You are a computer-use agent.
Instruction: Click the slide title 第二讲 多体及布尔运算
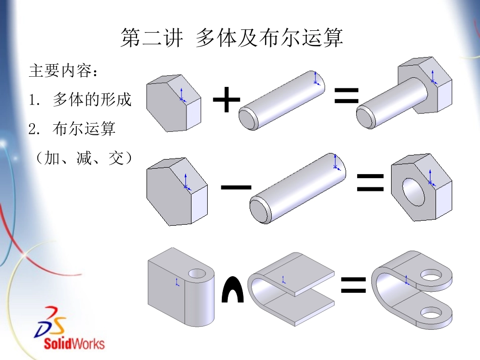tap(232, 38)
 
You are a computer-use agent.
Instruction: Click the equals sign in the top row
tap(347, 95)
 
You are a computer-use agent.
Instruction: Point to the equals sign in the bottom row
tap(353, 285)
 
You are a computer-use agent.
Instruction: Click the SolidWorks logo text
tap(74, 344)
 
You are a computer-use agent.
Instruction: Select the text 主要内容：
tap(64, 71)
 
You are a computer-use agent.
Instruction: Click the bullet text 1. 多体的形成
tap(80, 100)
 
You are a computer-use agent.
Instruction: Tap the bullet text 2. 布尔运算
tap(72, 129)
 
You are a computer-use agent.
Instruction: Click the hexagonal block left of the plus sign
tap(173, 103)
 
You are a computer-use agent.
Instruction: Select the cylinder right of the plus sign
tap(283, 100)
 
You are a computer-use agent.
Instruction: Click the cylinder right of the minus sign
tap(298, 189)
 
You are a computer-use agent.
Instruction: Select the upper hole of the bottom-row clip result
tap(431, 275)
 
